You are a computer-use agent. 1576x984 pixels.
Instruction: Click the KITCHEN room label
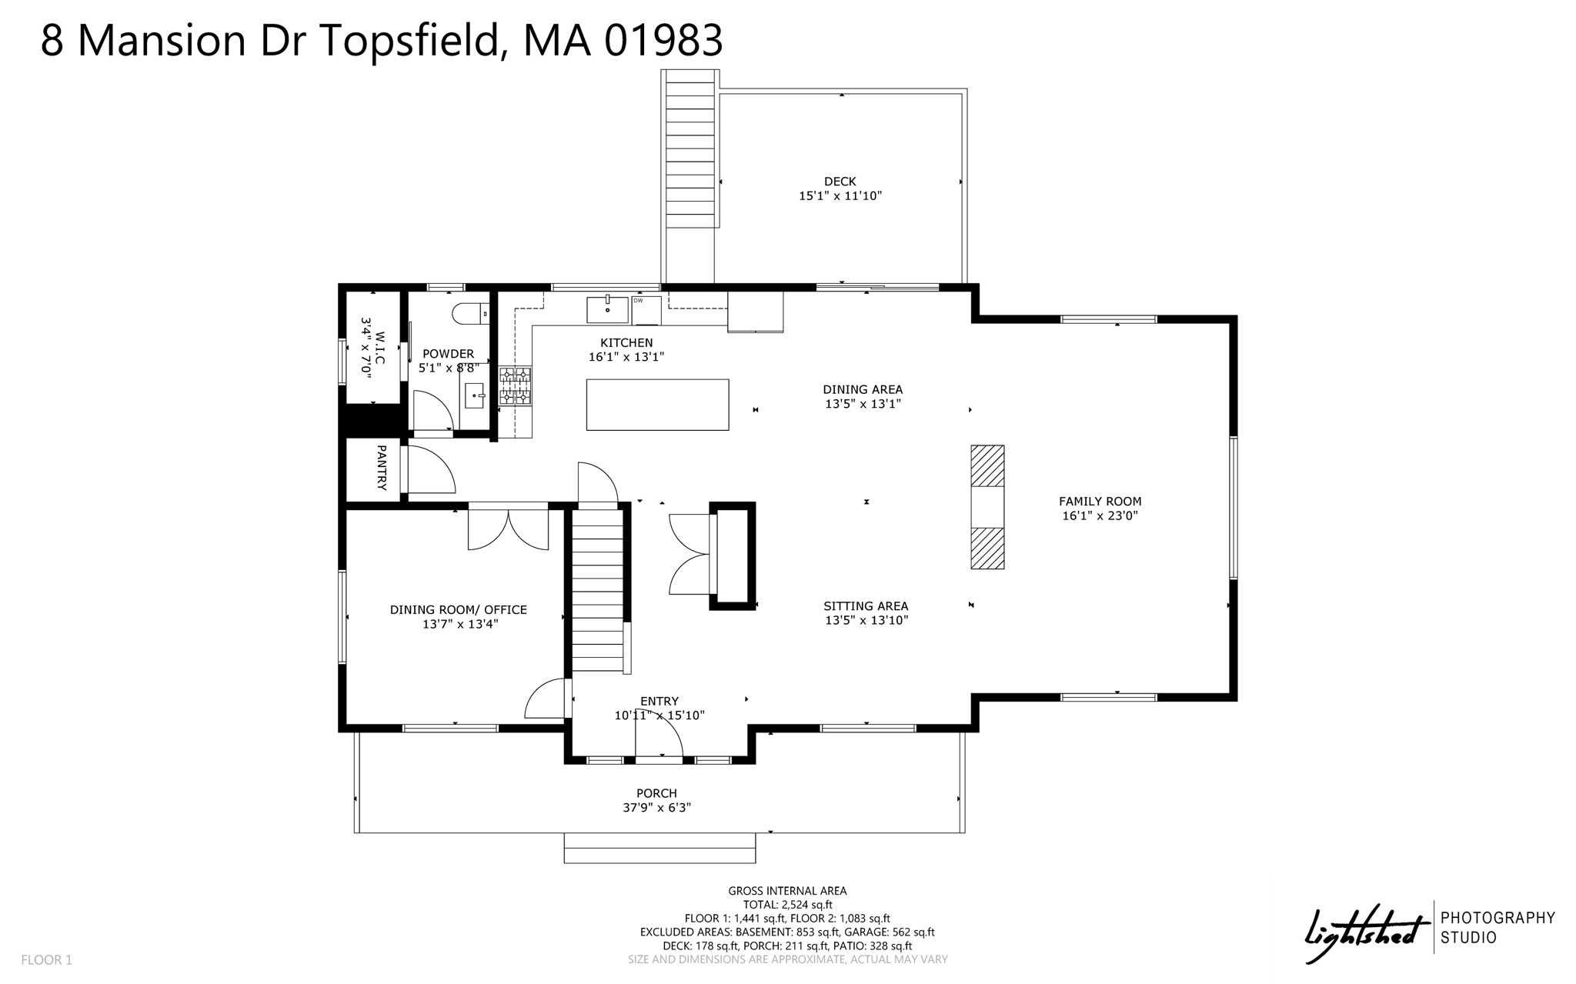[x=626, y=342]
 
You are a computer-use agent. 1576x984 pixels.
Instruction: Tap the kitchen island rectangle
[x=657, y=405]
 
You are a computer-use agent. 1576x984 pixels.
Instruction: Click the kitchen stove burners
[x=515, y=385]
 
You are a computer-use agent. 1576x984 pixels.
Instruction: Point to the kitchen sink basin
[x=607, y=309]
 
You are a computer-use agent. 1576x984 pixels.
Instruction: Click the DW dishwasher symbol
[x=646, y=310]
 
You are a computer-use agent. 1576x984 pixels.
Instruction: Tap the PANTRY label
[x=381, y=467]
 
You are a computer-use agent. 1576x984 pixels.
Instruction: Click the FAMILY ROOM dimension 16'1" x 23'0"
[x=1100, y=515]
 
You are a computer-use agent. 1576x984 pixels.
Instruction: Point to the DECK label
[x=840, y=182]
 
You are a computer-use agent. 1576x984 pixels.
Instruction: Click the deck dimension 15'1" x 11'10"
[x=840, y=196]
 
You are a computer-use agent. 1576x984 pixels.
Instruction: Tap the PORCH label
[x=656, y=793]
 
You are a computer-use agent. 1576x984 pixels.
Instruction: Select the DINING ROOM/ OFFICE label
[x=459, y=610]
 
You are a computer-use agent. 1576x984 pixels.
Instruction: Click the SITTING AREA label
[x=866, y=606]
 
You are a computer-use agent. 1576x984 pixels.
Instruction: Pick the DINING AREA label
[x=863, y=389]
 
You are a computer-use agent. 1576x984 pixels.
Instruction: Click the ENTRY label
[x=659, y=701]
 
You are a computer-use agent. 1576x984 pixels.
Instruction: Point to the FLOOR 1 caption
[x=46, y=960]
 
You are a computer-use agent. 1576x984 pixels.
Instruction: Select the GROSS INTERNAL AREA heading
[x=787, y=891]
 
